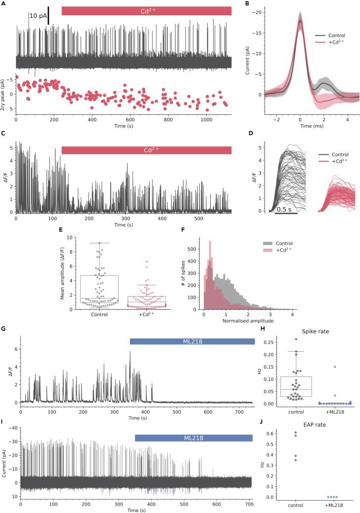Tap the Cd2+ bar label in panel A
click(146, 11)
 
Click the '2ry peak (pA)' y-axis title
click(4, 93)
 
